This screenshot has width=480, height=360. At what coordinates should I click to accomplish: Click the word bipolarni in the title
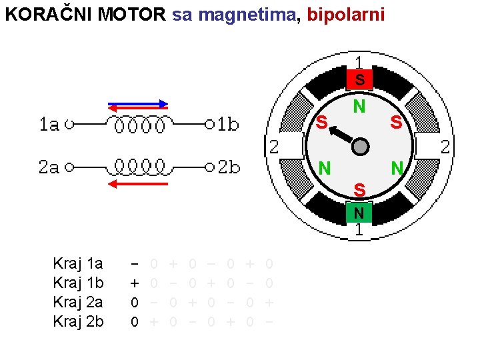pyautogui.click(x=346, y=15)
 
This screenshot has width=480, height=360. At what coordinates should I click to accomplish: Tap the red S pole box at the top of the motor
pyautogui.click(x=359, y=80)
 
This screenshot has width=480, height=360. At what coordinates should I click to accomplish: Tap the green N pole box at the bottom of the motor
pyautogui.click(x=359, y=213)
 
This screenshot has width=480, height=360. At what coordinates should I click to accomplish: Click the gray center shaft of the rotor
pyautogui.click(x=360, y=147)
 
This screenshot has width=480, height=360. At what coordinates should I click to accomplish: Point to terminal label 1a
pyautogui.click(x=49, y=124)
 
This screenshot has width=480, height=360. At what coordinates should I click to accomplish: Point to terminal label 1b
pyautogui.click(x=229, y=124)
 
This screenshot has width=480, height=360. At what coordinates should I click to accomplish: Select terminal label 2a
pyautogui.click(x=49, y=167)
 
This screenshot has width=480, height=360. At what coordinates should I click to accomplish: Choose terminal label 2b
pyautogui.click(x=229, y=167)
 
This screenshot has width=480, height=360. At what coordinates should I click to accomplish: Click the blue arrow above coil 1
pyautogui.click(x=139, y=103)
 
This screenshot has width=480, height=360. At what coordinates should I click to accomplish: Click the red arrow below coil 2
pyautogui.click(x=138, y=183)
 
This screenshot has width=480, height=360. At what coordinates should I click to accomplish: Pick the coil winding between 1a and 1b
pyautogui.click(x=139, y=125)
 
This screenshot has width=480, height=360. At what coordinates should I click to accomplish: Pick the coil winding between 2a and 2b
pyautogui.click(x=139, y=166)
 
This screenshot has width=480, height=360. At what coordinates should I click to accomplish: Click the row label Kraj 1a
pyautogui.click(x=78, y=264)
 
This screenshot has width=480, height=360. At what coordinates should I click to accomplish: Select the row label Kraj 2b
pyautogui.click(x=78, y=322)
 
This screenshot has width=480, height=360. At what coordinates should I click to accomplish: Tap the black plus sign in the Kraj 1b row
pyautogui.click(x=134, y=283)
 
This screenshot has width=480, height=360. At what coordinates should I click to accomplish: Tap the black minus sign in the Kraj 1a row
pyautogui.click(x=134, y=264)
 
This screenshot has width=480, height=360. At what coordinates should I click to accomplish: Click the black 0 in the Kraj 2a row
pyautogui.click(x=134, y=303)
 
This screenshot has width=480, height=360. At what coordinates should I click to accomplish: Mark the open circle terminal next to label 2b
pyautogui.click(x=209, y=167)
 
